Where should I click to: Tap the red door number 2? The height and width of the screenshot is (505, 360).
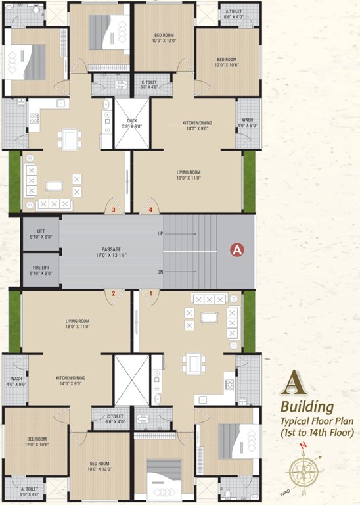(114, 293)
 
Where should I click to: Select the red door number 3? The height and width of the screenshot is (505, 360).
(114, 210)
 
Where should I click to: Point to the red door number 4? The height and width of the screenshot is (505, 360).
(150, 210)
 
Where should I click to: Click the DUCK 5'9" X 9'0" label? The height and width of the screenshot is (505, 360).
(131, 124)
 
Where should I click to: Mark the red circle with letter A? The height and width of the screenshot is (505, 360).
(236, 249)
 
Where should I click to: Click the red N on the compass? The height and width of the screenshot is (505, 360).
(303, 445)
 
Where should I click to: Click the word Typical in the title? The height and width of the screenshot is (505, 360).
(296, 420)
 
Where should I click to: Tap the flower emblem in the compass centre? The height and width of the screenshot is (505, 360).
(303, 473)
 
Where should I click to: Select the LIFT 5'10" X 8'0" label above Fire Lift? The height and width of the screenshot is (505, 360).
(41, 234)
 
